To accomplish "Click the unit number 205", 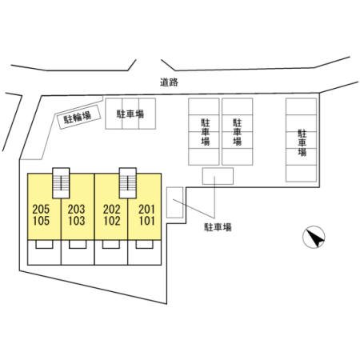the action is (x=41, y=210).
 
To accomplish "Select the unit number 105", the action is (x=41, y=221).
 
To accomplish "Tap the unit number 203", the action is (x=76, y=210).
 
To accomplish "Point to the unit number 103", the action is (x=77, y=221).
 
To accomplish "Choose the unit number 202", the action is (x=112, y=210).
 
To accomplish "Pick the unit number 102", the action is (x=112, y=221).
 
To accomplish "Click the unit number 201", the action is (x=146, y=210).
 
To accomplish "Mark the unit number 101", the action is (x=147, y=221).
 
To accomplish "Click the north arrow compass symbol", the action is (x=314, y=237).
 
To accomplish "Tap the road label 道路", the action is (x=169, y=82).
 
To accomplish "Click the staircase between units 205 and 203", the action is (x=61, y=183).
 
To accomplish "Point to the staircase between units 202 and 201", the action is (x=128, y=183).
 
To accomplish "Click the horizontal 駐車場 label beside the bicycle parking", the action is (x=130, y=114).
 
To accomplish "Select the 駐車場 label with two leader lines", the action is (x=218, y=227).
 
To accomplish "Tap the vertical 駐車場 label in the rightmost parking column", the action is (x=302, y=142).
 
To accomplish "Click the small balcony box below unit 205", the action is (x=44, y=244).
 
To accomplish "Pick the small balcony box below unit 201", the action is (x=145, y=244).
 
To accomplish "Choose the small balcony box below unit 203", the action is (x=78, y=244).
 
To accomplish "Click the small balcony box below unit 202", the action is (x=111, y=244).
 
